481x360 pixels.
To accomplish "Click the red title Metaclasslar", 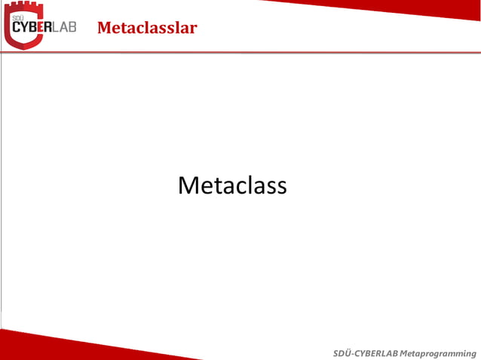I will pos(147,29).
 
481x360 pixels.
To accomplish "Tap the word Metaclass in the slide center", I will pos(232,185).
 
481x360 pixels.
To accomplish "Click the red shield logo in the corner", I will pos(23,25).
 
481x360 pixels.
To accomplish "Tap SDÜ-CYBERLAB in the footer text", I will pos(366,353).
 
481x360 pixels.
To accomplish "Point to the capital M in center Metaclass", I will pos(188,185).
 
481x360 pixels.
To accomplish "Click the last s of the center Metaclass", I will pos(281,187).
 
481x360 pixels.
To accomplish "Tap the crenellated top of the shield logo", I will pos(23,7).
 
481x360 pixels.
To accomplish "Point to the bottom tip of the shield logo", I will pos(23,47).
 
